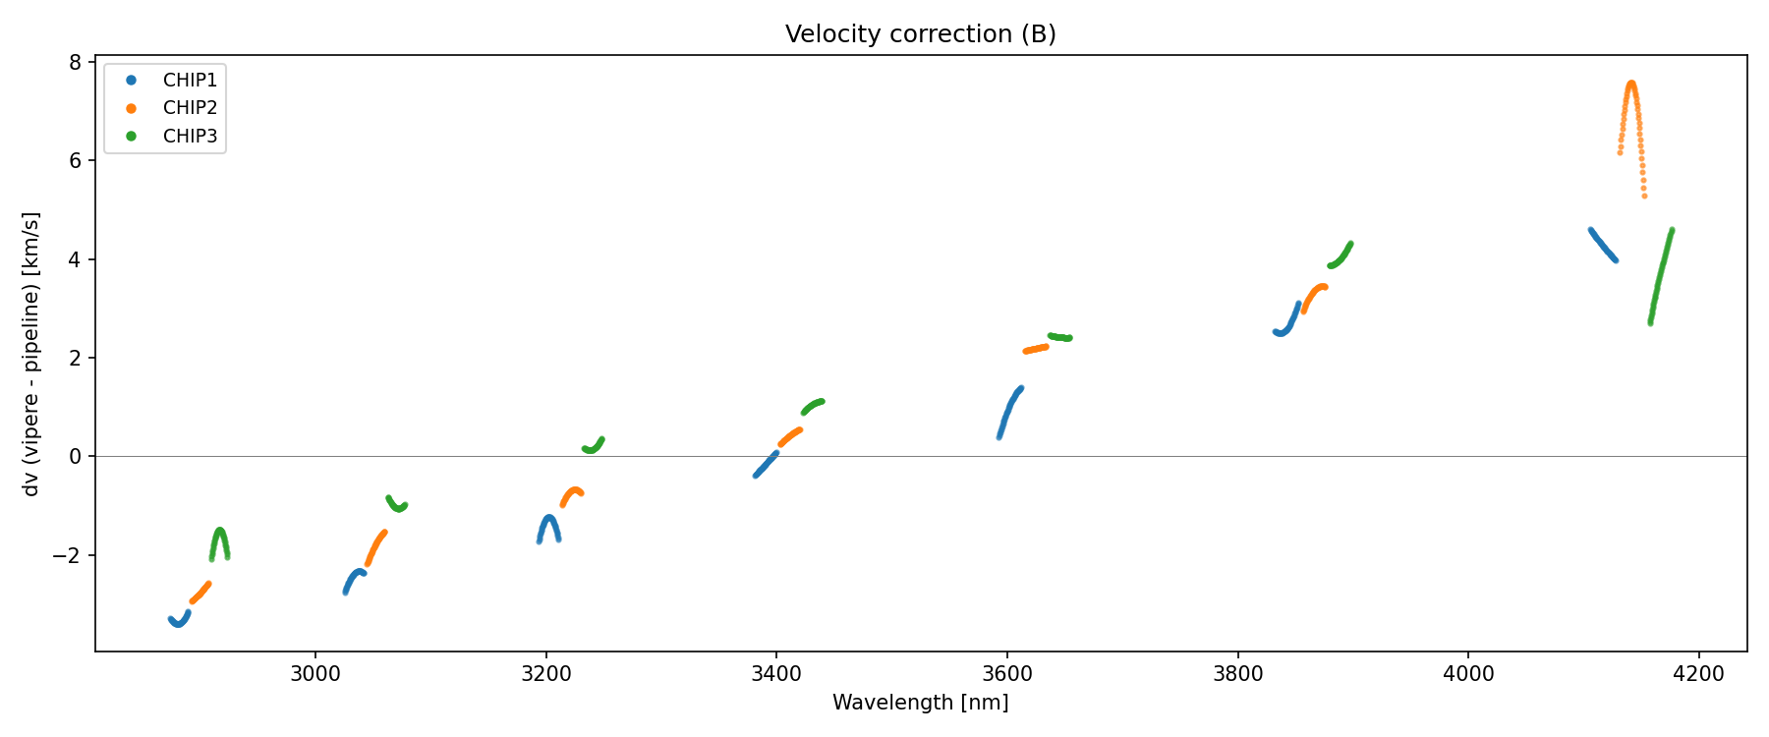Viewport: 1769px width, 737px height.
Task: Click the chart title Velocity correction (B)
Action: tap(920, 34)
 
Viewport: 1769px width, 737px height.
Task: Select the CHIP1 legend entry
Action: tap(190, 80)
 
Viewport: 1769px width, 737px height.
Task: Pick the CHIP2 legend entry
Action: tap(190, 108)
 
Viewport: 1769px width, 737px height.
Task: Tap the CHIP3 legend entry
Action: tap(190, 137)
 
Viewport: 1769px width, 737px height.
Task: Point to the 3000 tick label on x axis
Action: tap(314, 674)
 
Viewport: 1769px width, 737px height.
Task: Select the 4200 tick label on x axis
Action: tap(1698, 674)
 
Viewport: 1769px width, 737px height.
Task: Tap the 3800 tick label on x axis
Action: tap(1237, 674)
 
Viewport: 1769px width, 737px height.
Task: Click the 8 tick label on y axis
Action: tap(75, 62)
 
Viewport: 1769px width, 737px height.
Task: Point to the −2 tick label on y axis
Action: tap(68, 555)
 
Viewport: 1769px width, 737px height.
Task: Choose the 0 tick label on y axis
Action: tap(75, 457)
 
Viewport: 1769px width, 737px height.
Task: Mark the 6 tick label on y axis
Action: tap(75, 161)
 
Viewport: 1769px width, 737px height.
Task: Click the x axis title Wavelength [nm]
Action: tap(920, 703)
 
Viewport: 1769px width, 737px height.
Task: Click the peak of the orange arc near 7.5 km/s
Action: tap(1631, 84)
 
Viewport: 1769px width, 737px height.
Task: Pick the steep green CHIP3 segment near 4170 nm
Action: tap(1661, 275)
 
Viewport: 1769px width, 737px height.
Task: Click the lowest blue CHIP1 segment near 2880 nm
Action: tap(179, 622)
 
